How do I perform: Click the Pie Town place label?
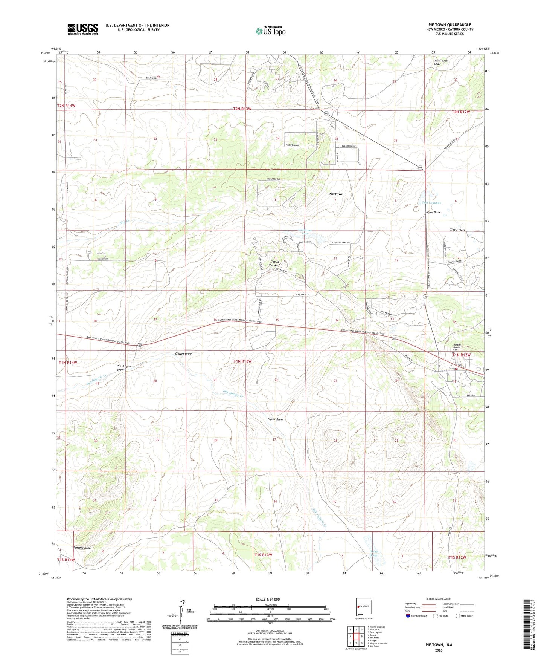[x=336, y=194]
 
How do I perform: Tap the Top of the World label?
[x=275, y=263]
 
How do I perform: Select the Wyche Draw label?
[x=275, y=419]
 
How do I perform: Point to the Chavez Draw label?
[x=183, y=354]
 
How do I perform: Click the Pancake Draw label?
[x=82, y=548]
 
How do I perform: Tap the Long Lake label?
[x=374, y=553]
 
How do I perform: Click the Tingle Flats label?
[x=457, y=230]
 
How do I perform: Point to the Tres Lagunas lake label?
[x=431, y=203]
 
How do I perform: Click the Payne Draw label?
[x=433, y=212]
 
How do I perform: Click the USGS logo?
[x=83, y=29]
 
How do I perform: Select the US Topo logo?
[x=270, y=31]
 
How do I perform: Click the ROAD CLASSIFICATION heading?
[x=438, y=599]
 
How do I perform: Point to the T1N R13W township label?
[x=242, y=361]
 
